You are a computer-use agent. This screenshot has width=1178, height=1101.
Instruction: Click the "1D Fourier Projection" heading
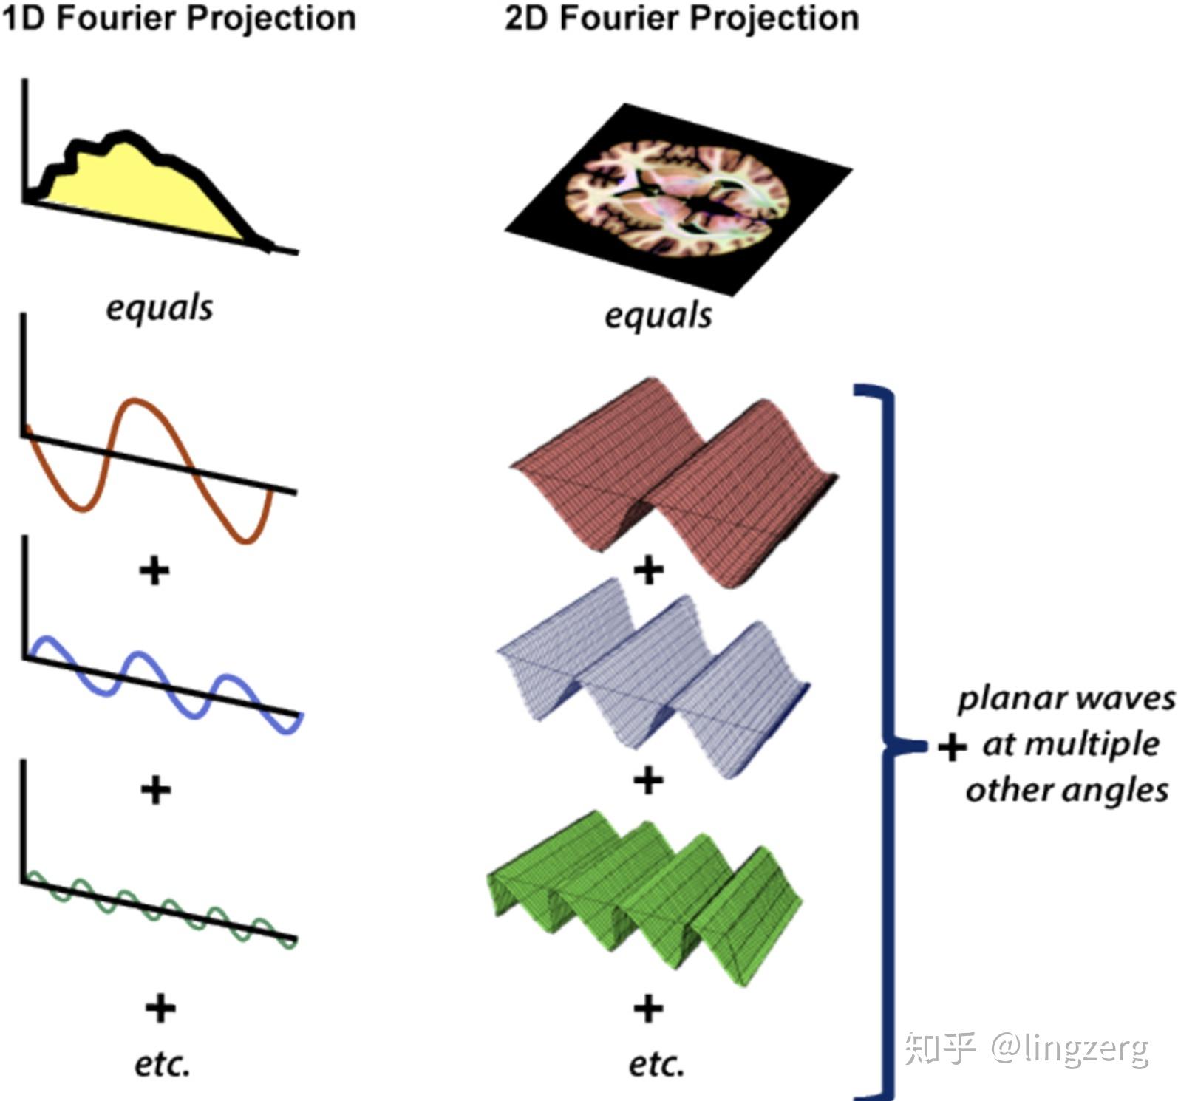coord(178,18)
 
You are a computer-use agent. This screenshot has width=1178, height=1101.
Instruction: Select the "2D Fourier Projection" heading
coord(682,18)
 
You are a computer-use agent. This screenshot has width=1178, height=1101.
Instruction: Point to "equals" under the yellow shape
coord(160,307)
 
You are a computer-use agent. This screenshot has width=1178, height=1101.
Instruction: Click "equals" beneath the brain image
coord(658,316)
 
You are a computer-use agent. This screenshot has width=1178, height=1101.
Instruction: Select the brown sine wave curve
coord(148,471)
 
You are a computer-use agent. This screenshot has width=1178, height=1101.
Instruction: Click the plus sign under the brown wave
coord(154,570)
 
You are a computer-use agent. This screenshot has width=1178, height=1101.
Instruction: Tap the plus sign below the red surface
coord(649,570)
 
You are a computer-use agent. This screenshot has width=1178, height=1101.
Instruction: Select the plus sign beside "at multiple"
coord(953,747)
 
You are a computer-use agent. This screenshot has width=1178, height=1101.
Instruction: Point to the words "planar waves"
coord(1066,699)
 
